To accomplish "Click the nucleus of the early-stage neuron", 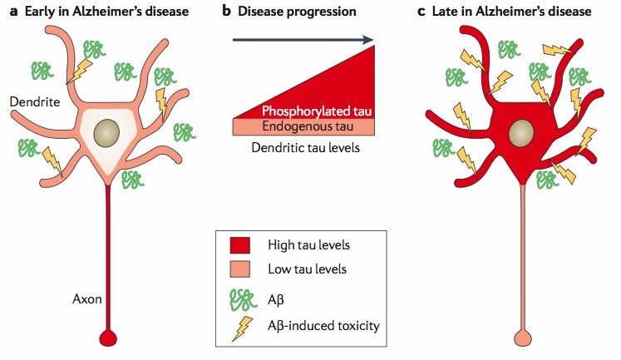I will click(107, 133).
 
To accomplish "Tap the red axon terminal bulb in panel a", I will click(106, 338).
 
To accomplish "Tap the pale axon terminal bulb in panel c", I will click(521, 338).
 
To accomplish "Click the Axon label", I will click(86, 298).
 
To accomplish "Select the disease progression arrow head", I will click(367, 38).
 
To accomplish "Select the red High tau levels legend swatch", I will click(242, 245).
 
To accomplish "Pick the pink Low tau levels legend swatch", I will click(242, 270).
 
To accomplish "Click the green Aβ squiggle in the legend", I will click(241, 297).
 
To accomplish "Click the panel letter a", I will click(13, 12).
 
